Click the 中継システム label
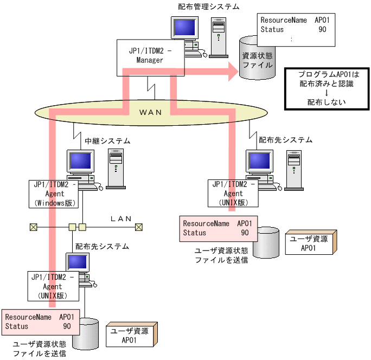[x=107, y=140]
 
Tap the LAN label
[x=121, y=218]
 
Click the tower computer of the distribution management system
[x=218, y=36]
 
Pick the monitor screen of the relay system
[x=80, y=161]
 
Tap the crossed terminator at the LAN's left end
[x=33, y=227]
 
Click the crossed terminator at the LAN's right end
[x=139, y=227]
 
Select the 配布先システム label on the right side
[x=285, y=140]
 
